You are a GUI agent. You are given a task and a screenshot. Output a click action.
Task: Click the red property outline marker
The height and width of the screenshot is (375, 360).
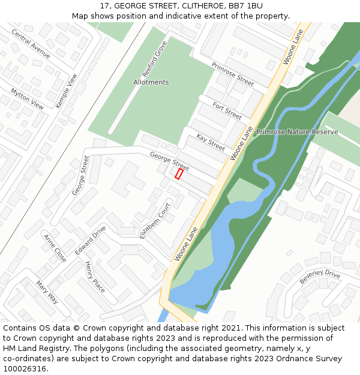coord(179,173)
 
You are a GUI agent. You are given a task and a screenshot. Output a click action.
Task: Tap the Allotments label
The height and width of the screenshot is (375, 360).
coord(151,82)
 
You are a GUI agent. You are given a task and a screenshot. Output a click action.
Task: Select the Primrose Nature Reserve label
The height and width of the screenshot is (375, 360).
coord(297,131)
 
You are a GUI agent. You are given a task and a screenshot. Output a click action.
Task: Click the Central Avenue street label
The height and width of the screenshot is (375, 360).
coord(31,43)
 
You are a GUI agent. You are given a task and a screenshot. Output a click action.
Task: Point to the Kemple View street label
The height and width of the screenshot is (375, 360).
coord(67,91)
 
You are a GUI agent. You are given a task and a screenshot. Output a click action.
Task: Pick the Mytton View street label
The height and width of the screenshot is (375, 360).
coord(28,98)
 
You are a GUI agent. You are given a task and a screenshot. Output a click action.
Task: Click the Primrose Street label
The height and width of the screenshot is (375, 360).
coord(232,74)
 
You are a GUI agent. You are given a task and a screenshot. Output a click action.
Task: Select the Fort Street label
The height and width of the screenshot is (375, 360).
coord(227,110)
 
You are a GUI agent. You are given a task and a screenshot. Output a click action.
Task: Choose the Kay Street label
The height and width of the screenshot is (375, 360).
coord(211,142)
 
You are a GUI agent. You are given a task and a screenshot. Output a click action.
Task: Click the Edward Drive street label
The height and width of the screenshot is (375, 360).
coord(90,241)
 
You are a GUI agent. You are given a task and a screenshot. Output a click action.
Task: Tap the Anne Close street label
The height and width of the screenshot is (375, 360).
coord(55,248)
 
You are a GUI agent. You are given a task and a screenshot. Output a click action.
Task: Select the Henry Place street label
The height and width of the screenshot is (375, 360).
coord(95,277)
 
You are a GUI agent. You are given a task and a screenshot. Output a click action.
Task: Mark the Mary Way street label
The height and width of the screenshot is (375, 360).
coord(47,292)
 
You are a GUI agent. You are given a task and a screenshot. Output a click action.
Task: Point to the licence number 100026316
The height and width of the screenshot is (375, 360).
coord(24,369)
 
